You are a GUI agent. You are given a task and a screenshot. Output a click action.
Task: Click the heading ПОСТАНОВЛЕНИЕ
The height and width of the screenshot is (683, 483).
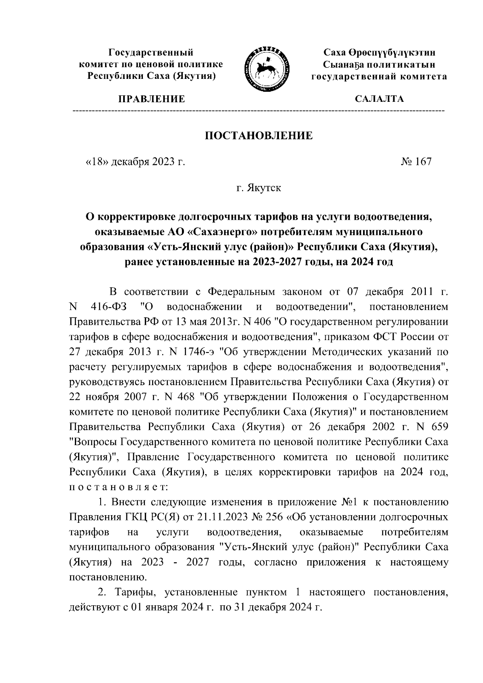[x=258, y=135]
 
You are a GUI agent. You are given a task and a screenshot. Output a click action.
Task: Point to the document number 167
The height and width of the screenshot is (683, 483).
[x=422, y=162]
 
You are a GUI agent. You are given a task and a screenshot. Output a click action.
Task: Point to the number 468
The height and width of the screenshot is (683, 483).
[x=187, y=397]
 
